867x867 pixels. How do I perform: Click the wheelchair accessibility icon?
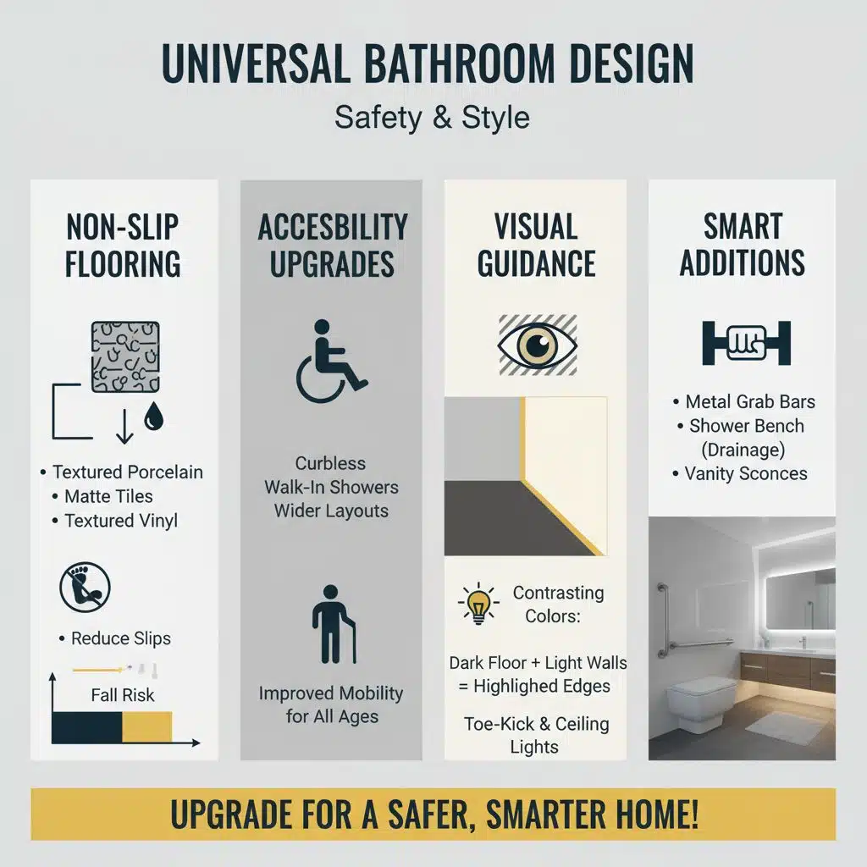(x=331, y=361)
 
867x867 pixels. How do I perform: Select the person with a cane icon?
(x=333, y=624)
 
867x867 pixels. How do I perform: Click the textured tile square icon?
(x=125, y=356)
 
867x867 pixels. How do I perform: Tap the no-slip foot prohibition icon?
(x=85, y=587)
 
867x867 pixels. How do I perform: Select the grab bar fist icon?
(x=746, y=343)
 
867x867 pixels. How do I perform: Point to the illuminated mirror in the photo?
(x=799, y=598)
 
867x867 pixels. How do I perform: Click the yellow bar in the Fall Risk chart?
(x=147, y=727)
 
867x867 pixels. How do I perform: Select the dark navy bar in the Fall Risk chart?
(x=87, y=727)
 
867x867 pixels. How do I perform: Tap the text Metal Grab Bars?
(x=750, y=402)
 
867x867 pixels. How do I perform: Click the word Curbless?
(x=330, y=463)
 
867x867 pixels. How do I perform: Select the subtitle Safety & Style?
(x=432, y=117)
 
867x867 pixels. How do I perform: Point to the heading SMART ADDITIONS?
(x=742, y=245)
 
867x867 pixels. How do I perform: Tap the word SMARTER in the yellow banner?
(x=559, y=815)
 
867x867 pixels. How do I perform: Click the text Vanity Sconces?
(x=745, y=473)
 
